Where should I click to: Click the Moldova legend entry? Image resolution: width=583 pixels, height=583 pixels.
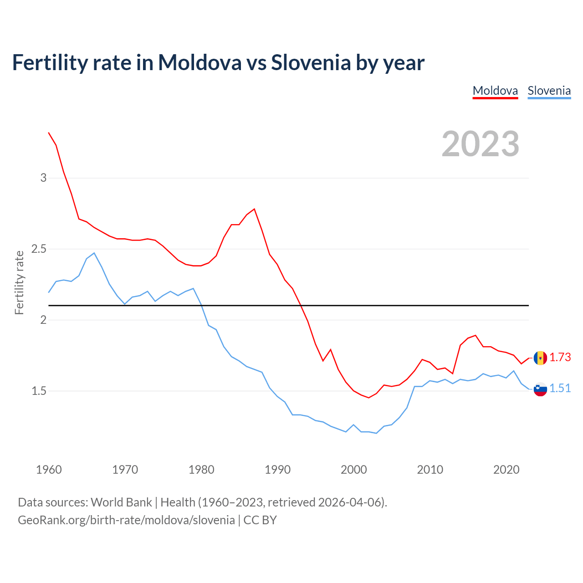[495, 91]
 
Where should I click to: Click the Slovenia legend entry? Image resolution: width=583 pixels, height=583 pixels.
[549, 91]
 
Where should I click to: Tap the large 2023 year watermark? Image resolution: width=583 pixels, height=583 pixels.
[481, 144]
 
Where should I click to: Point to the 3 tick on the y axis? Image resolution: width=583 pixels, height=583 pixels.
[44, 178]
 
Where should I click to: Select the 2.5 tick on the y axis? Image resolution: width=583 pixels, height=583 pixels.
[39, 249]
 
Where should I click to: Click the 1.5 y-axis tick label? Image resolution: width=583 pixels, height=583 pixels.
[39, 391]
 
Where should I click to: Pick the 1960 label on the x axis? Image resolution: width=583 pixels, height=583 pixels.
[49, 470]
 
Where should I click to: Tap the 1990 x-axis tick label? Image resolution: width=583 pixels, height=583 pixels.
[277, 470]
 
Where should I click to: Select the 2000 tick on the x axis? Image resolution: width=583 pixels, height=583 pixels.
[353, 470]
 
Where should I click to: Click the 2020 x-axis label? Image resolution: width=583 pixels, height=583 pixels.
[506, 470]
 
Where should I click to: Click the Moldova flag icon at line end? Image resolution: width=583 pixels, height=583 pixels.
[540, 358]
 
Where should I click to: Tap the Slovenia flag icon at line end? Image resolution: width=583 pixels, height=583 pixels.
[540, 389]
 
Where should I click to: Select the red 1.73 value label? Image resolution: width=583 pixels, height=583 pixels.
[560, 358]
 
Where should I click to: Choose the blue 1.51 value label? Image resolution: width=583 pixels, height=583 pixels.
[560, 389]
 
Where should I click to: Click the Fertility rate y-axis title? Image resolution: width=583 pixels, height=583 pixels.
[19, 282]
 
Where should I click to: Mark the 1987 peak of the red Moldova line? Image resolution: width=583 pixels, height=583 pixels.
[254, 209]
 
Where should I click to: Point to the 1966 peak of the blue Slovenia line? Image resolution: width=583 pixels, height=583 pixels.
[94, 253]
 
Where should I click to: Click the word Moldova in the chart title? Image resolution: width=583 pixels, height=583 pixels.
[199, 62]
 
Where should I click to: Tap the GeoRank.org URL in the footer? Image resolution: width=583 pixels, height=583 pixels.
[126, 520]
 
